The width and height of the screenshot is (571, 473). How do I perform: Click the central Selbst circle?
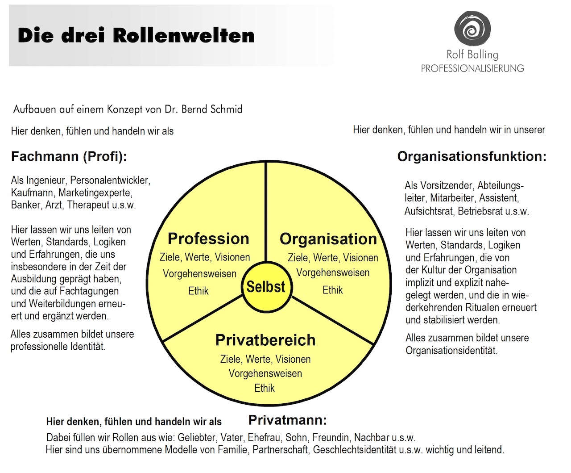coord(266,287)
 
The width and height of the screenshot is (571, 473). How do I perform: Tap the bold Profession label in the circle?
coord(208,239)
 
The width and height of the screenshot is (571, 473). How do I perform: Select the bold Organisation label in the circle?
coord(328,239)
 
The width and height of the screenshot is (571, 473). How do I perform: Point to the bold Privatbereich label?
coord(265,340)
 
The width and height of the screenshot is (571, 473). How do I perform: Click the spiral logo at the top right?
coord(472,29)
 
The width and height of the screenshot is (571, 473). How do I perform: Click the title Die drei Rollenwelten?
coord(136,35)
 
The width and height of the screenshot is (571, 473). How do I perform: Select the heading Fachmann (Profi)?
coord(69,157)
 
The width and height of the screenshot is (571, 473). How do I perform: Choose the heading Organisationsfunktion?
coord(472,157)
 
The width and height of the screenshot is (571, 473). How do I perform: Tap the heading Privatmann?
coord(287,420)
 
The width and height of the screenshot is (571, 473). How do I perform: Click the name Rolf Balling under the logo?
coord(472,55)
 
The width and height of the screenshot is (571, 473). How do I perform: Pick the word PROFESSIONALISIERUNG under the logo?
coord(472,68)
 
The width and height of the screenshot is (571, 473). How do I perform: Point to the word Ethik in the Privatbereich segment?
coord(265,388)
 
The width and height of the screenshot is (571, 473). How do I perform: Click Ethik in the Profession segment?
coord(199,291)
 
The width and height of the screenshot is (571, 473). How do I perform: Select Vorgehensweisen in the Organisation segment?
coord(333,272)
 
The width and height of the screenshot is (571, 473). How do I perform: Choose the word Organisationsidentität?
coord(451,351)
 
